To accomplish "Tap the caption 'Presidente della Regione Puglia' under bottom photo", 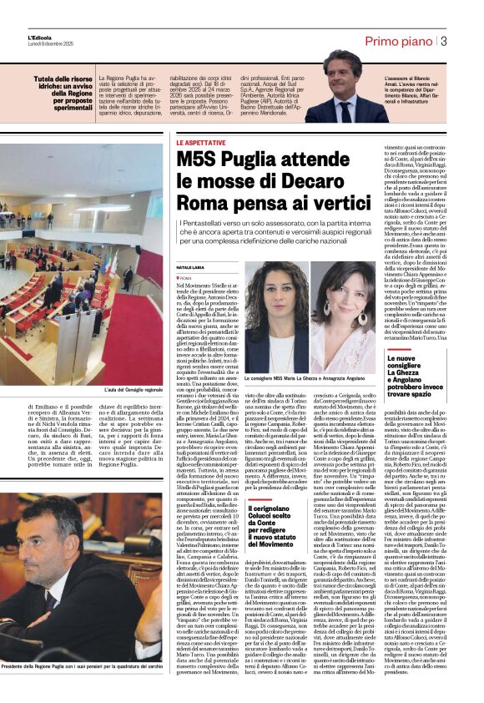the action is click(x=81, y=690).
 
